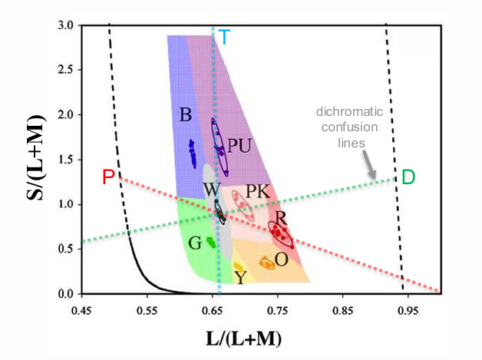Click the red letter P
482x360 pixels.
(x=109, y=177)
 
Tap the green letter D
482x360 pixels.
(x=408, y=177)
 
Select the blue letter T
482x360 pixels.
(x=223, y=36)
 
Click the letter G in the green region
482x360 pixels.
(x=195, y=243)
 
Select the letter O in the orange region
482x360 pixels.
(x=282, y=259)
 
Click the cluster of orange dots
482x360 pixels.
(x=267, y=263)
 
